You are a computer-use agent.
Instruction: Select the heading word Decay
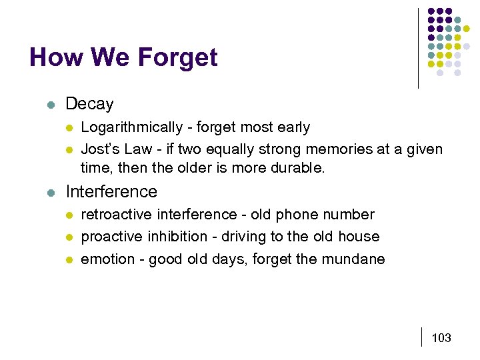(x=89, y=105)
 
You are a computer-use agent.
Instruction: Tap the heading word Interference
(x=111, y=192)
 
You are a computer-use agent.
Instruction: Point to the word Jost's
(x=98, y=149)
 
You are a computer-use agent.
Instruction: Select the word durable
(x=299, y=168)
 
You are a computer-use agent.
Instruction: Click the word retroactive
(x=117, y=215)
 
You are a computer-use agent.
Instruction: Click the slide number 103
(x=441, y=338)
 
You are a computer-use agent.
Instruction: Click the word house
(x=359, y=237)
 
